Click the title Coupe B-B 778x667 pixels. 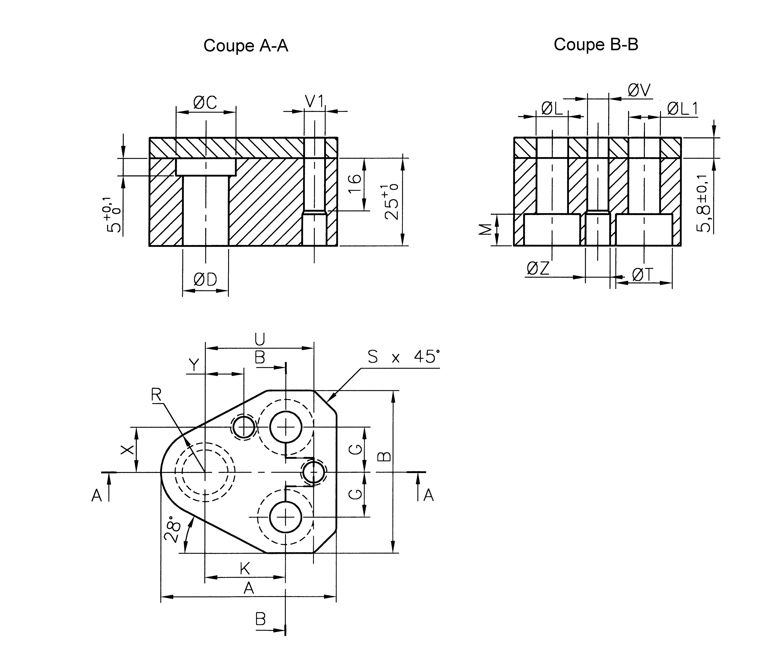[x=596, y=44]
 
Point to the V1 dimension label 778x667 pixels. [x=314, y=102]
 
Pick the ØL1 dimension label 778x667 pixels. [x=682, y=109]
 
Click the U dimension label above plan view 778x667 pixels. [x=260, y=339]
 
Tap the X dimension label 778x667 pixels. [x=127, y=449]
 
